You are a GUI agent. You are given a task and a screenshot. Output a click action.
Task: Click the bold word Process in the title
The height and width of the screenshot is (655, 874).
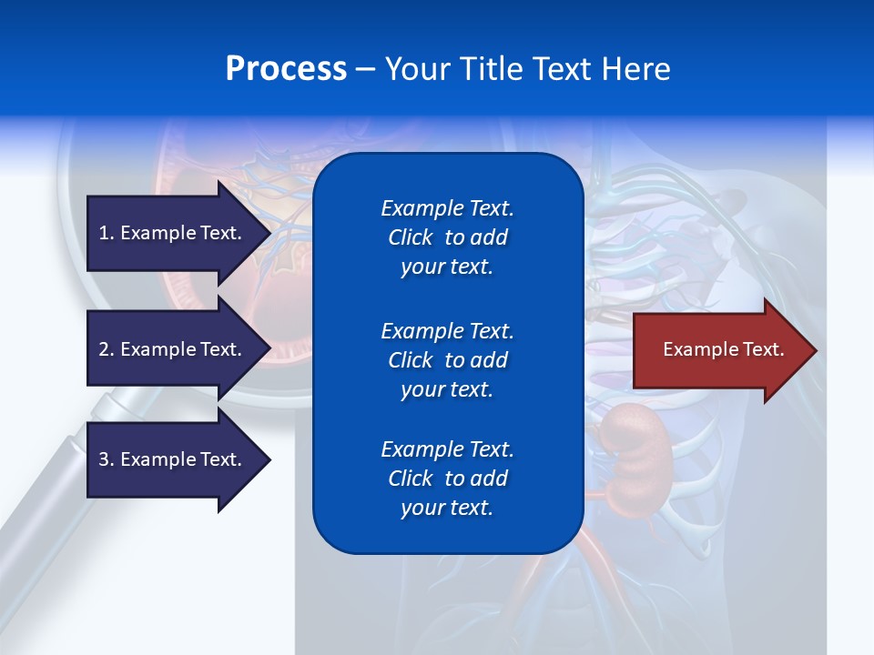286,69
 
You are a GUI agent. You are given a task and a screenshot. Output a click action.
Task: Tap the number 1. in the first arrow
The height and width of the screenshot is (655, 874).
107,233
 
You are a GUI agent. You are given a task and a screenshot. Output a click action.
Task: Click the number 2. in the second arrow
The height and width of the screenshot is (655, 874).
107,349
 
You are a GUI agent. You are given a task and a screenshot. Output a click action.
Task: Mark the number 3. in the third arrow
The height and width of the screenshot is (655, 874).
107,459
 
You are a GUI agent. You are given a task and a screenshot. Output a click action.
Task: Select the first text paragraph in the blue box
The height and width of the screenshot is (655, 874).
447,237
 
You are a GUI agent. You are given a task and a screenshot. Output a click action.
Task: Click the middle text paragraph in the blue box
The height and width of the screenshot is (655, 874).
447,359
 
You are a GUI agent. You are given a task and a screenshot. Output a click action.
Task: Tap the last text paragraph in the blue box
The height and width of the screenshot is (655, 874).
447,479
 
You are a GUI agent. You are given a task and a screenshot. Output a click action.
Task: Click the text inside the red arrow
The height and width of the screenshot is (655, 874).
724,349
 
